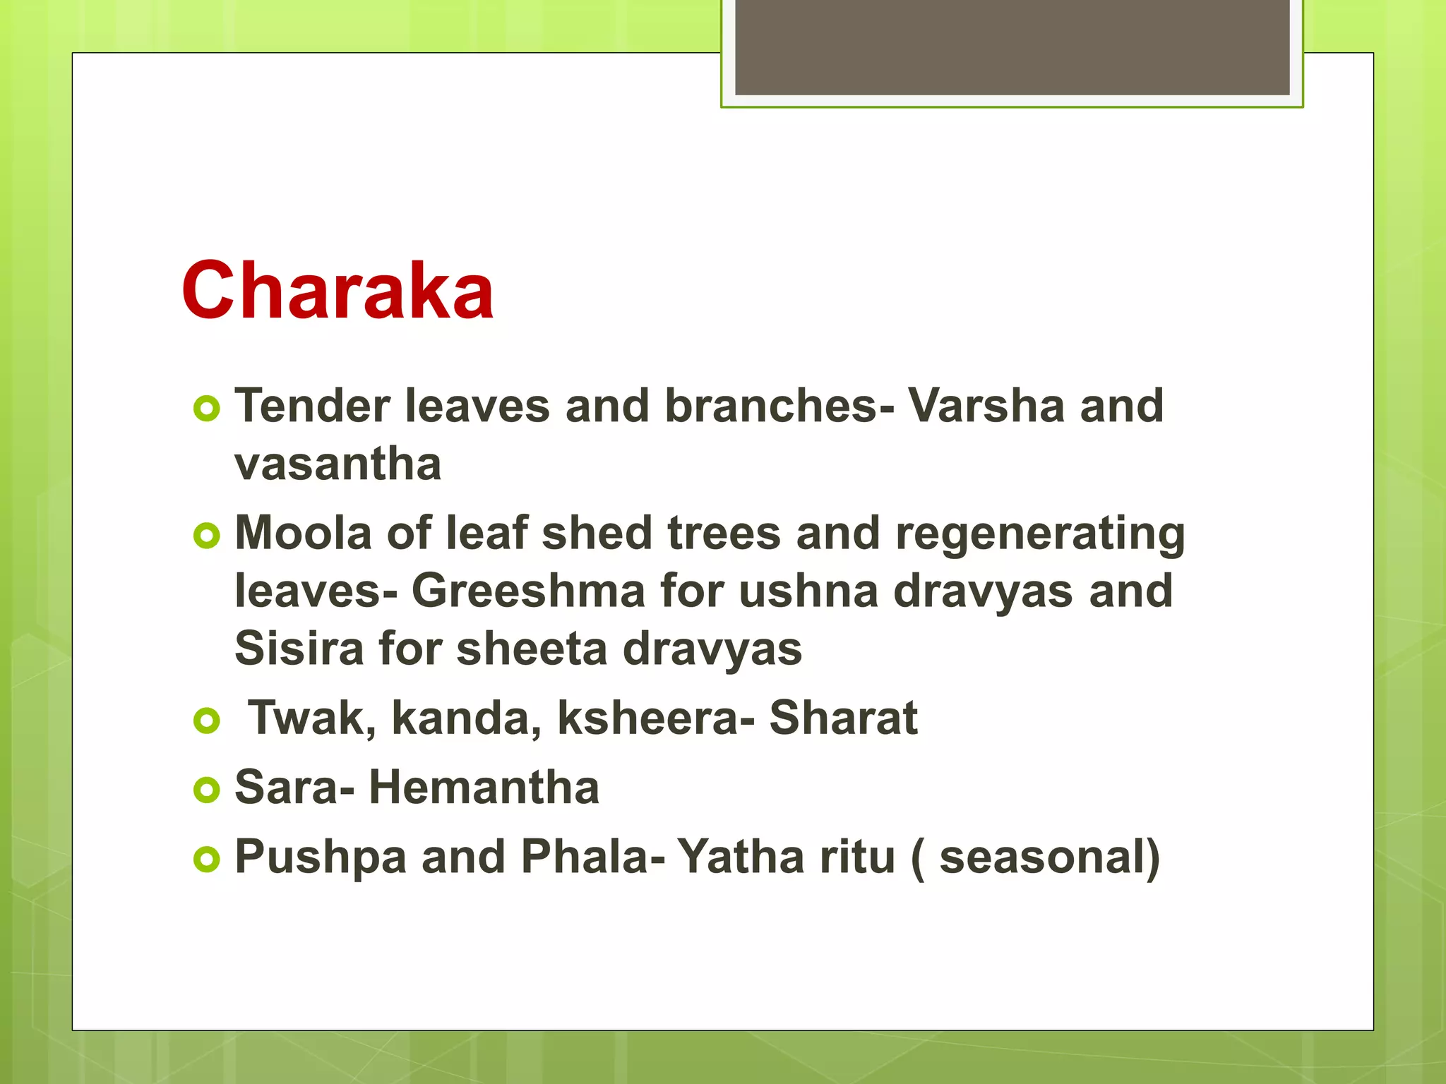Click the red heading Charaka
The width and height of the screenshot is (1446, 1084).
337,291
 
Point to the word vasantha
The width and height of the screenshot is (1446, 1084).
337,464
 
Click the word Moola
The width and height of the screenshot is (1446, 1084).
303,533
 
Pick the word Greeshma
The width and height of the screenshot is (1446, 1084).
528,591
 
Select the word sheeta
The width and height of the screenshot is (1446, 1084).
532,649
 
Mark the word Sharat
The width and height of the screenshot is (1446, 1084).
843,718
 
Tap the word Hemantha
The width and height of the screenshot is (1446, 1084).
484,787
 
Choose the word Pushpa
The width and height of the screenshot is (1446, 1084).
321,857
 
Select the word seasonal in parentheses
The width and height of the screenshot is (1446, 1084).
1041,857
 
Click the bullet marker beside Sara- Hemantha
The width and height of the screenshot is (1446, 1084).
206,790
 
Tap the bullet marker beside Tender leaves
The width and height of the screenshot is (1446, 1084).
206,409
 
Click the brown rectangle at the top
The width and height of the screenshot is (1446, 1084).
1012,47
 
